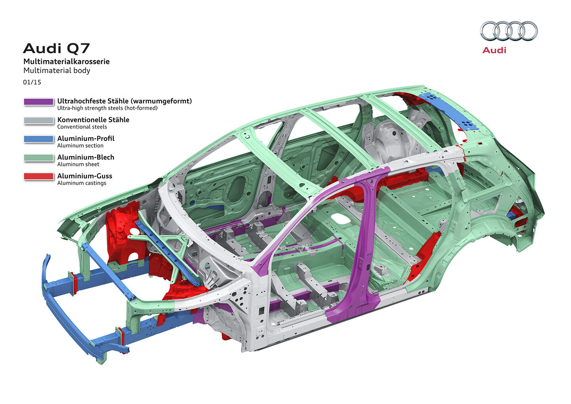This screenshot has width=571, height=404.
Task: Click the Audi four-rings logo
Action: (x=509, y=31)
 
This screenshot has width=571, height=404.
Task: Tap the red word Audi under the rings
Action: (x=494, y=50)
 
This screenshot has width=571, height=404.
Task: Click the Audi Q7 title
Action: (x=56, y=48)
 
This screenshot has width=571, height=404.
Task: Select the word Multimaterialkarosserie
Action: (x=66, y=62)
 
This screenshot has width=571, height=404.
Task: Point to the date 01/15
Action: (x=32, y=82)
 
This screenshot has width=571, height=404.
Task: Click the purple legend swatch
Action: (x=38, y=102)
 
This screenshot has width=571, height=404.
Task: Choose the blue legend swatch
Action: (x=38, y=139)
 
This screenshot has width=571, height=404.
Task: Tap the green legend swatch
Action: (x=38, y=158)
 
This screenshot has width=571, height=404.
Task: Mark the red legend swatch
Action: (x=38, y=177)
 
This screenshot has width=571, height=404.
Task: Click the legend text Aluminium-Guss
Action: (x=84, y=176)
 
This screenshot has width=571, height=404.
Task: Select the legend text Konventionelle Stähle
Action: (x=93, y=119)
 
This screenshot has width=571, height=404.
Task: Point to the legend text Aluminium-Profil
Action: (x=86, y=138)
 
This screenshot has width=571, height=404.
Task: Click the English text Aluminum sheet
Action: (x=78, y=164)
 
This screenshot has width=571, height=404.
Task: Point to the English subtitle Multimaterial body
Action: (x=57, y=71)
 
